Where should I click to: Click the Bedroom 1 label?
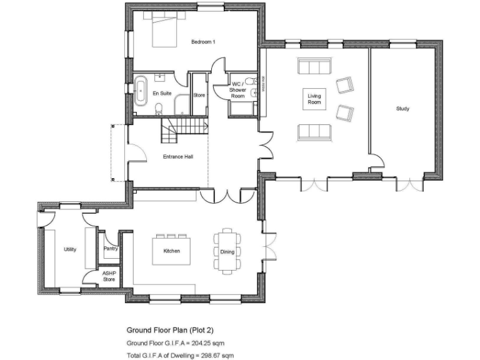[203, 42]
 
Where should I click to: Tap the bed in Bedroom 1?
[164, 31]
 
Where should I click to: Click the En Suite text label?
[162, 93]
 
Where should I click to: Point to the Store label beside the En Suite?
[199, 96]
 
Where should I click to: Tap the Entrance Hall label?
[177, 156]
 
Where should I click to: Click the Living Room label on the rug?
[314, 99]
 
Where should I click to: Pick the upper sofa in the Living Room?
[314, 67]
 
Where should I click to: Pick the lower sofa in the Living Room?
[314, 131]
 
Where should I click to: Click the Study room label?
[403, 109]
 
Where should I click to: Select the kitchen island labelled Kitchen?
[172, 251]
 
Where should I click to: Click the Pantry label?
[111, 248]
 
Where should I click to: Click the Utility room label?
[70, 249]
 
